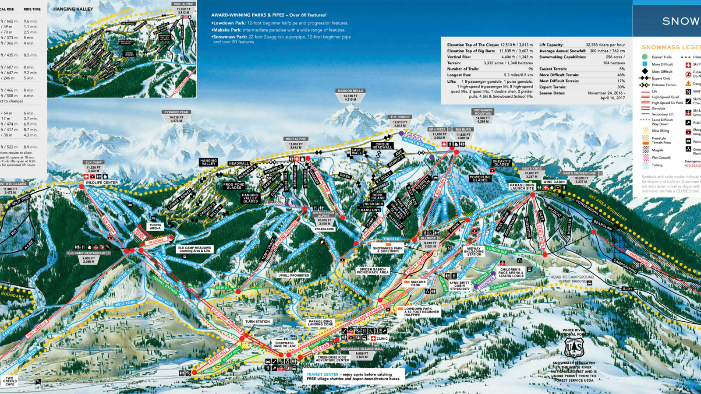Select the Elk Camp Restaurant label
coord(87,253)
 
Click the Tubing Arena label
coord(155,227)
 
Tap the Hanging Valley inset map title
coord(73,9)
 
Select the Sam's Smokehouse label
coord(578,173)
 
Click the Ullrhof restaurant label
coord(428,238)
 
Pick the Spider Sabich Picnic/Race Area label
coord(373,271)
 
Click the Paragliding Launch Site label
coord(522,186)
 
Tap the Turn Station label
coord(258,322)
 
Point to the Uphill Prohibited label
coord(294,275)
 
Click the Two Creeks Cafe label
coord(10,381)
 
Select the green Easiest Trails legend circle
coord(644,57)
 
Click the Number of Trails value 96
coord(531,69)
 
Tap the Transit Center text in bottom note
coord(322,374)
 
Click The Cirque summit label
coord(400,117)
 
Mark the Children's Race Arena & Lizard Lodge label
coord(510,273)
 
